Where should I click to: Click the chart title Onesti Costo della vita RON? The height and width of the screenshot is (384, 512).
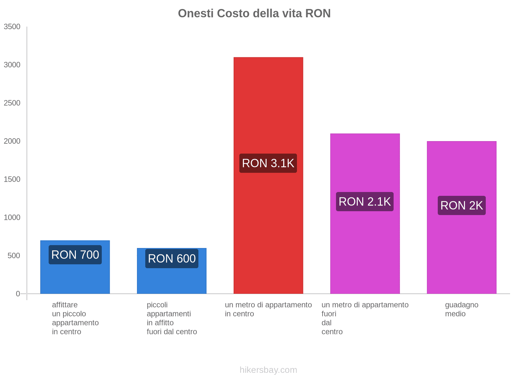pyautogui.click(x=254, y=13)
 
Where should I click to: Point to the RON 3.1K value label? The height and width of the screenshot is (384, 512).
pyautogui.click(x=268, y=163)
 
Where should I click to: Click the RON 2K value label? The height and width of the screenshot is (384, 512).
pyautogui.click(x=461, y=205)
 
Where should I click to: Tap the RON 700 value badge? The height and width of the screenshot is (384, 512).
pyautogui.click(x=75, y=255)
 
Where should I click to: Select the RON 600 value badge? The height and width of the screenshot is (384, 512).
pyautogui.click(x=172, y=259)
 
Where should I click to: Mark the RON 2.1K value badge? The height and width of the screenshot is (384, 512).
pyautogui.click(x=365, y=202)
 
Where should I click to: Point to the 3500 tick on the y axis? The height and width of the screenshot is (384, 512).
pyautogui.click(x=12, y=27)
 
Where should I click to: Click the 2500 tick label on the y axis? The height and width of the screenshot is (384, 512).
pyautogui.click(x=12, y=103)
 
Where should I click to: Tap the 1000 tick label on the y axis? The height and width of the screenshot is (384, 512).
pyautogui.click(x=12, y=218)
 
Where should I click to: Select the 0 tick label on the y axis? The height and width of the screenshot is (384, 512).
pyautogui.click(x=18, y=294)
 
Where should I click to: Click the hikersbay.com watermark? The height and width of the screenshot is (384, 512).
pyautogui.click(x=268, y=370)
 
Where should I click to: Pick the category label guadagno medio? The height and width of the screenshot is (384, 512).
pyautogui.click(x=461, y=309)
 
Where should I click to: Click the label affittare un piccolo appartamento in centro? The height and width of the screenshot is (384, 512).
pyautogui.click(x=75, y=318)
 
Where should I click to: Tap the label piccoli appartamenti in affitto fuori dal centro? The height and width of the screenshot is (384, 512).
pyautogui.click(x=172, y=318)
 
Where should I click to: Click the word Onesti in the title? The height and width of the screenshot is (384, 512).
pyautogui.click(x=196, y=13)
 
